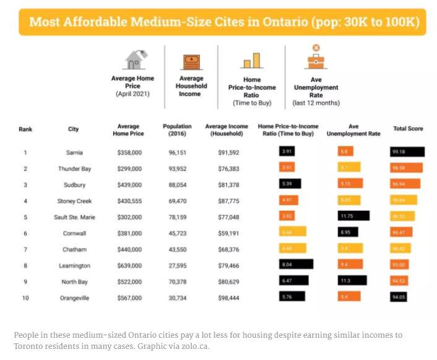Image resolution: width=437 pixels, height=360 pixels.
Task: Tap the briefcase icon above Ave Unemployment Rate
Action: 316,58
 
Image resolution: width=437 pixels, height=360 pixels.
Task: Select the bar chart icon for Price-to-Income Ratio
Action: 251,61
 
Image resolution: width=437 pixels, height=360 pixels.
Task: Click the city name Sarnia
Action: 74,152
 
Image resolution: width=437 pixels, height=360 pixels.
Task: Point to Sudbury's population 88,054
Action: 177,185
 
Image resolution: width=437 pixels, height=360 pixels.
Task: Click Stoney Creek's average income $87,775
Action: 226,200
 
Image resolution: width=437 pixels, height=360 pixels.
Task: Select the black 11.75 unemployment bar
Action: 353,216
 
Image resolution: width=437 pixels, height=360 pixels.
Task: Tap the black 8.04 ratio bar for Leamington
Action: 296,265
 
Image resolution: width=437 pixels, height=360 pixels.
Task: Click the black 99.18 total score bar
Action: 407,152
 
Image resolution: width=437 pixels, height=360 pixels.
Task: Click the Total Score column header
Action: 408,129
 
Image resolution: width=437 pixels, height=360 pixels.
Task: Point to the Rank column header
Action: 25,130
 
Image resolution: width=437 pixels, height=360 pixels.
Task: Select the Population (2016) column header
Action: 177,130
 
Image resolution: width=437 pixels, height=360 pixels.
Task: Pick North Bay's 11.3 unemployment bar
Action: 352,281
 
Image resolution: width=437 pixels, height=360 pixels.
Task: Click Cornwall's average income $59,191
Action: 226,232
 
